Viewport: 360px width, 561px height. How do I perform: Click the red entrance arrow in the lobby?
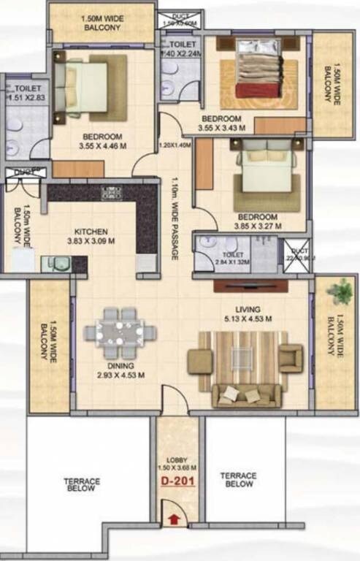tap(173, 519)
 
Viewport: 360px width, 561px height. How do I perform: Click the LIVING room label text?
tap(249, 309)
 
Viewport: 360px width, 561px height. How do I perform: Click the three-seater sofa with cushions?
tap(246, 395)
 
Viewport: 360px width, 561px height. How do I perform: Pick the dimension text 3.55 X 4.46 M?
tap(96, 145)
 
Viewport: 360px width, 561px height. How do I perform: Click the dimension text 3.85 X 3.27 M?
tap(256, 226)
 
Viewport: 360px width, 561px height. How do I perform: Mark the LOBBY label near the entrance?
tap(176, 459)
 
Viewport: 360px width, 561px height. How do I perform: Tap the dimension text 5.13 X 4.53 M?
tap(249, 318)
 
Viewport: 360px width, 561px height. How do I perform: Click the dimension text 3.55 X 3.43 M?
tap(221, 128)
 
